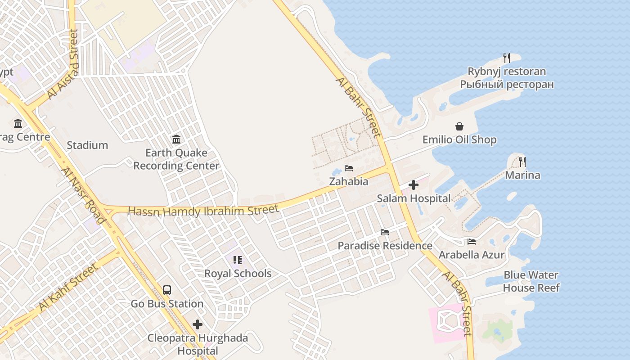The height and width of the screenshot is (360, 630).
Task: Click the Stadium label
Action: [x=87, y=145]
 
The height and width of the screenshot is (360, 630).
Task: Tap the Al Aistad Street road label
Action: [x=63, y=64]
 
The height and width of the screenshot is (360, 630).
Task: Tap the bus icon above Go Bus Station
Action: [x=167, y=290]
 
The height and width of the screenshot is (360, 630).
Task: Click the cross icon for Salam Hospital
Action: [x=414, y=185]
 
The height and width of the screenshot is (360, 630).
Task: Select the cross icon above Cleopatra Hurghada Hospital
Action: [x=198, y=324]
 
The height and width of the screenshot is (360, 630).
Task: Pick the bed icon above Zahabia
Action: [x=349, y=168]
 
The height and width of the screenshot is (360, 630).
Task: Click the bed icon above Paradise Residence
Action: [x=385, y=232]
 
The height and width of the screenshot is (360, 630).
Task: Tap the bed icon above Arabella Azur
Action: [x=472, y=242]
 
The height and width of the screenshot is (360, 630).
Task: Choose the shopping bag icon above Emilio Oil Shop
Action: [x=459, y=126]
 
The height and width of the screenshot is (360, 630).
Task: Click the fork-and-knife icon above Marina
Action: [x=522, y=162]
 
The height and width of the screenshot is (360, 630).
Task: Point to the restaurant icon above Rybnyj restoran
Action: [x=507, y=58]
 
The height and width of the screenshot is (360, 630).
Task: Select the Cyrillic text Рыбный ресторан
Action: [x=507, y=85]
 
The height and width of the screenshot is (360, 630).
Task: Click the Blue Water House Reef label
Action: [x=531, y=281]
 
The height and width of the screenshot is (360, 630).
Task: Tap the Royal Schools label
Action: [x=238, y=274]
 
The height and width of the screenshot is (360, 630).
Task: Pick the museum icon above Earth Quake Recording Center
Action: [x=176, y=139]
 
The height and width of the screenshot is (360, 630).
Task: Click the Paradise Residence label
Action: [x=385, y=246]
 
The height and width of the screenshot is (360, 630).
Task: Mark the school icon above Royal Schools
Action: [x=238, y=260]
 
